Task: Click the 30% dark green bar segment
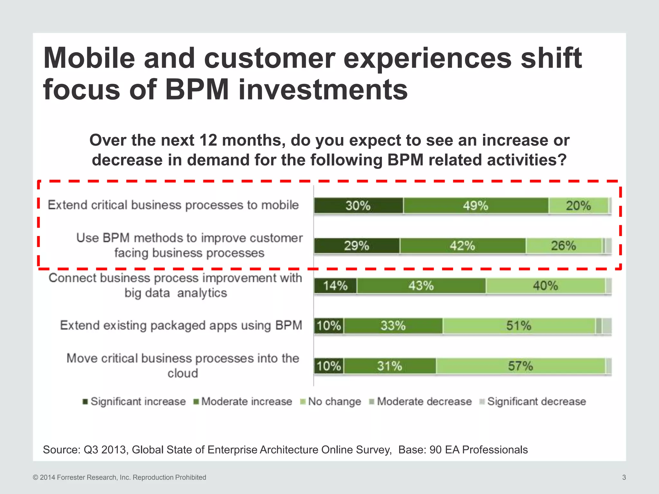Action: click(358, 206)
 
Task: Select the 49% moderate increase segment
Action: click(476, 206)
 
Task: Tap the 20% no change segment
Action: click(578, 206)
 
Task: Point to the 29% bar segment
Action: click(357, 246)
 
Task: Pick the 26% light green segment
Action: click(563, 246)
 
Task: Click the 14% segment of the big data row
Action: click(335, 286)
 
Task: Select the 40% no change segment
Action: click(545, 286)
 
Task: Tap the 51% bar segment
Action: click(518, 326)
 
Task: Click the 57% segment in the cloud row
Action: click(520, 366)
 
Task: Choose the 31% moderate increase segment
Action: click(390, 366)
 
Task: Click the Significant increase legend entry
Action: click(135, 402)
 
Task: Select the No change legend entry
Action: click(331, 402)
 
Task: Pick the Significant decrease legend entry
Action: click(533, 402)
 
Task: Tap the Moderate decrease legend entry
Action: click(421, 402)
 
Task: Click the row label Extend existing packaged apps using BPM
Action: click(181, 325)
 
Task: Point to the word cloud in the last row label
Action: click(183, 373)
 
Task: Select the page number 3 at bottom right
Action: click(624, 477)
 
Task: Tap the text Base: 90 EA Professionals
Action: click(463, 450)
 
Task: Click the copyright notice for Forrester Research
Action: click(119, 477)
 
